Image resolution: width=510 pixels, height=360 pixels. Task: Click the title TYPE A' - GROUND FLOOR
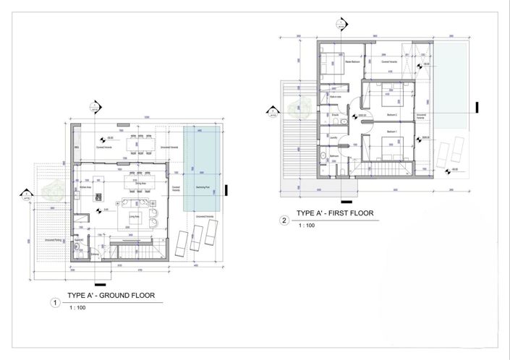coord(109,296)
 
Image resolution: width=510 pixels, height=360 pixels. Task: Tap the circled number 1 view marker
coord(53,303)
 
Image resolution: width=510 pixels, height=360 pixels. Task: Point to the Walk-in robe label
coord(335,96)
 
